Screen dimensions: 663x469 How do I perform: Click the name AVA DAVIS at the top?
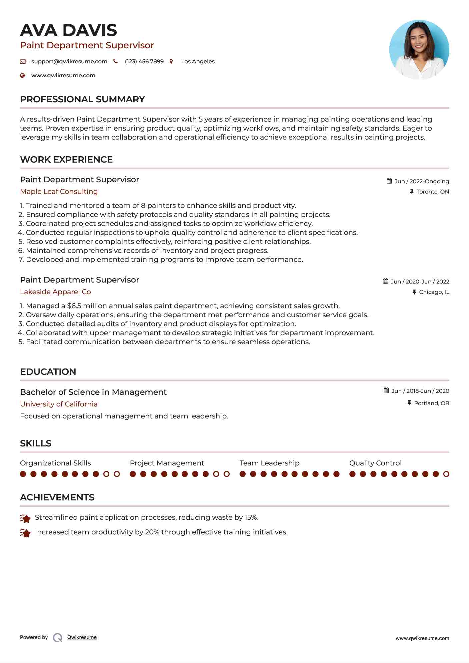pyautogui.click(x=68, y=30)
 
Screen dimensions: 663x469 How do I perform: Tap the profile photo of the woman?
pyautogui.click(x=419, y=50)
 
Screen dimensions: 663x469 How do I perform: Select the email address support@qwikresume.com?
pyautogui.click(x=69, y=61)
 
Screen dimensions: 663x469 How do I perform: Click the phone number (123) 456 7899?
pyautogui.click(x=144, y=61)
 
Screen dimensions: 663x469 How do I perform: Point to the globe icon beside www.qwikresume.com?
pyautogui.click(x=22, y=75)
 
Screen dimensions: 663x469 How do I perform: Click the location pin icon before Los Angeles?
pyautogui.click(x=171, y=61)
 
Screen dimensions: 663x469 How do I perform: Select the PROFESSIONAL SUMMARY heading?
pyautogui.click(x=82, y=99)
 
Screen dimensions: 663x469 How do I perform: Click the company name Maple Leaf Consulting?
pyautogui.click(x=59, y=192)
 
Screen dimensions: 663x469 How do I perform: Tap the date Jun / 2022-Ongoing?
pyautogui.click(x=421, y=181)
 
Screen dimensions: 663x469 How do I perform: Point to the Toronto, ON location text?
pyautogui.click(x=432, y=192)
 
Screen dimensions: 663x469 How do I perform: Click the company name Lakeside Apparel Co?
pyautogui.click(x=55, y=292)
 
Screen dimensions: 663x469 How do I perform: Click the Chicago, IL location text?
pyautogui.click(x=434, y=292)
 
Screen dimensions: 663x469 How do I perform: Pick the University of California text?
pyautogui.click(x=59, y=404)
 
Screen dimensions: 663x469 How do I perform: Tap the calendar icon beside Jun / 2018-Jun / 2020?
pyautogui.click(x=386, y=390)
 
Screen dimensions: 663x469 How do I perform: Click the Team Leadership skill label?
pyautogui.click(x=269, y=463)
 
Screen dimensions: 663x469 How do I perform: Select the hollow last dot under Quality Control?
pyautogui.click(x=446, y=474)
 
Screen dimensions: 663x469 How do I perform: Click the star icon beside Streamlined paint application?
pyautogui.click(x=25, y=518)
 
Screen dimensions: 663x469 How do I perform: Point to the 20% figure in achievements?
pyautogui.click(x=152, y=532)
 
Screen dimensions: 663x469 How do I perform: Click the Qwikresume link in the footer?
pyautogui.click(x=82, y=637)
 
